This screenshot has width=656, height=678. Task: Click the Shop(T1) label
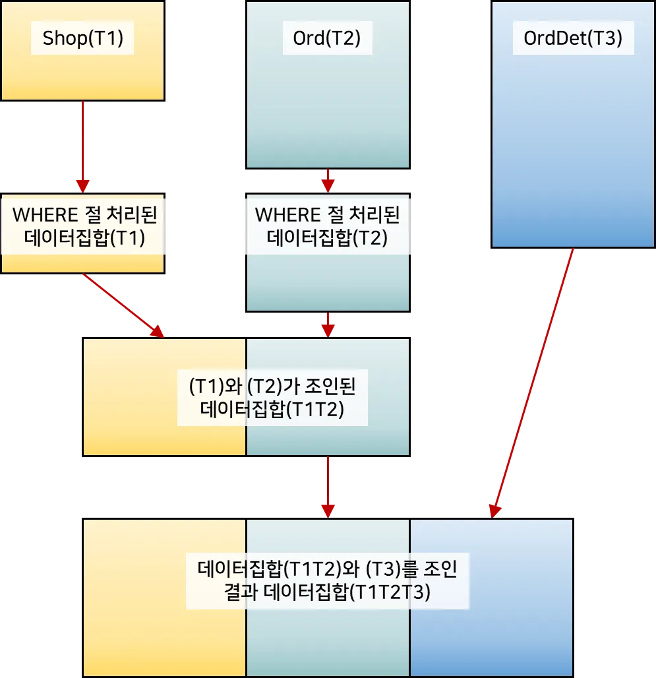pyautogui.click(x=83, y=39)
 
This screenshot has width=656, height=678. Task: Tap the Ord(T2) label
pyautogui.click(x=327, y=39)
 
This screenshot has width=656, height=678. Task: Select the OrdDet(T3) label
pyautogui.click(x=572, y=39)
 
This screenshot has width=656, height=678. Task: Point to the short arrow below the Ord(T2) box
pyautogui.click(x=328, y=179)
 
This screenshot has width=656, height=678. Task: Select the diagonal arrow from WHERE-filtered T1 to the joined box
pyautogui.click(x=123, y=305)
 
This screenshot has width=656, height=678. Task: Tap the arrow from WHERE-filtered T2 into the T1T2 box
pyautogui.click(x=328, y=324)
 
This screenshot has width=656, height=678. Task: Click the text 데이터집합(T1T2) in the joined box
pyautogui.click(x=272, y=409)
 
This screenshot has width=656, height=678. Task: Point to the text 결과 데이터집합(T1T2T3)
pyautogui.click(x=328, y=592)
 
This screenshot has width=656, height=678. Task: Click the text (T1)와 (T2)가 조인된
pyautogui.click(x=272, y=386)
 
